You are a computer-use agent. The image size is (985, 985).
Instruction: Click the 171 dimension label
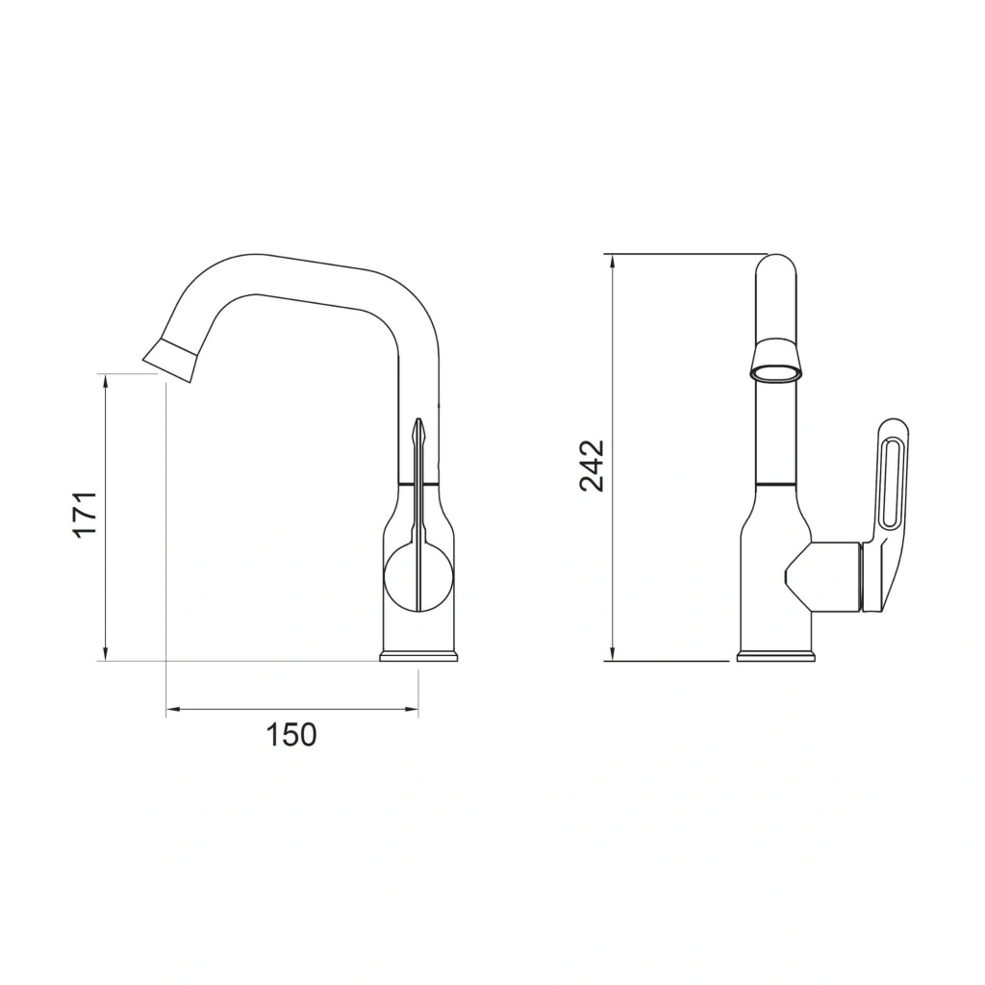click(86, 514)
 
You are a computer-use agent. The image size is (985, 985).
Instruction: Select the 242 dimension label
click(592, 466)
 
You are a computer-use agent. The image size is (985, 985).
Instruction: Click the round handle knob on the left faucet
click(417, 577)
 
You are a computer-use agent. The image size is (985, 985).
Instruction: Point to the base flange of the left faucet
click(418, 656)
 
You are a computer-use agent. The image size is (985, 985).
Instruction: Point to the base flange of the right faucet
click(776, 656)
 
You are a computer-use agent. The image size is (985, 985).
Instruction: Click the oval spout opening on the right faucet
click(776, 374)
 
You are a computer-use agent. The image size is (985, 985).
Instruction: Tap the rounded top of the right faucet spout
click(776, 267)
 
